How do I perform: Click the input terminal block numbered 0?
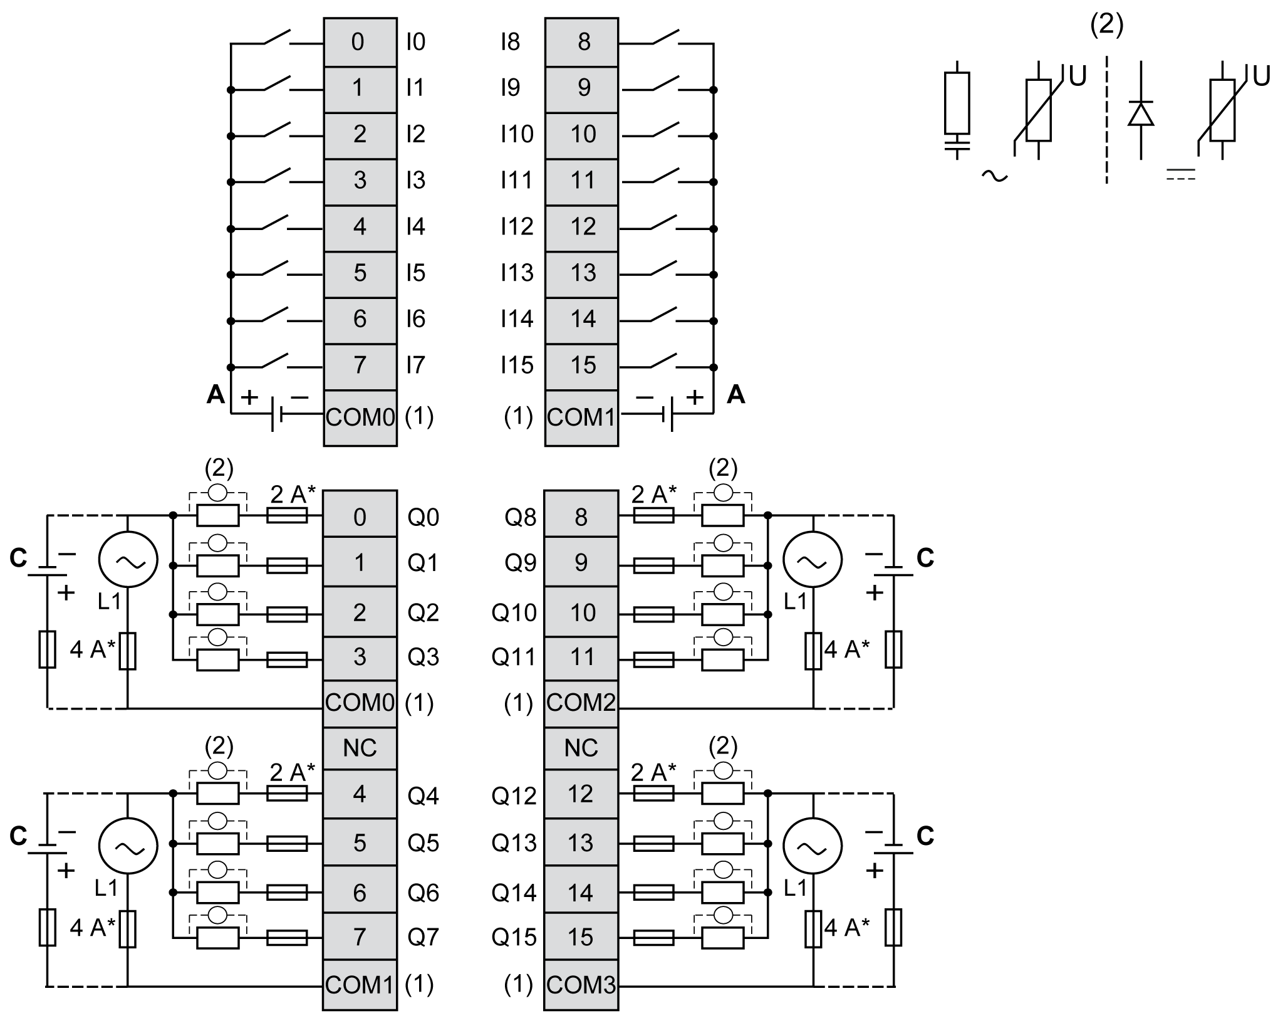click(360, 42)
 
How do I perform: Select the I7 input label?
click(415, 365)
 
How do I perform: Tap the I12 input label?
click(517, 226)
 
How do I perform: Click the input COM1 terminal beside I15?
click(581, 417)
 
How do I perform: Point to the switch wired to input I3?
click(276, 176)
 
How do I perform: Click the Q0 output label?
click(423, 517)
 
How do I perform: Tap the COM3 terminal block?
click(581, 985)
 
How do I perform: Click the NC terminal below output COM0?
click(360, 748)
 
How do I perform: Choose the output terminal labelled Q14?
click(581, 892)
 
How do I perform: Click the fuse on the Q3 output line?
click(287, 659)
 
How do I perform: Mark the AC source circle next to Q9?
click(813, 560)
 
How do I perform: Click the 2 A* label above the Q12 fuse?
click(653, 772)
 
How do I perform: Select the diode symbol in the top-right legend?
click(1140, 115)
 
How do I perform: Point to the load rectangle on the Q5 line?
click(217, 844)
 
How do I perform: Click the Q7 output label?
click(423, 937)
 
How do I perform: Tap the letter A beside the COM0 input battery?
click(216, 394)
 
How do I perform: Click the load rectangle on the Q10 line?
click(722, 614)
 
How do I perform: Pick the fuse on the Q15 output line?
click(653, 938)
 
